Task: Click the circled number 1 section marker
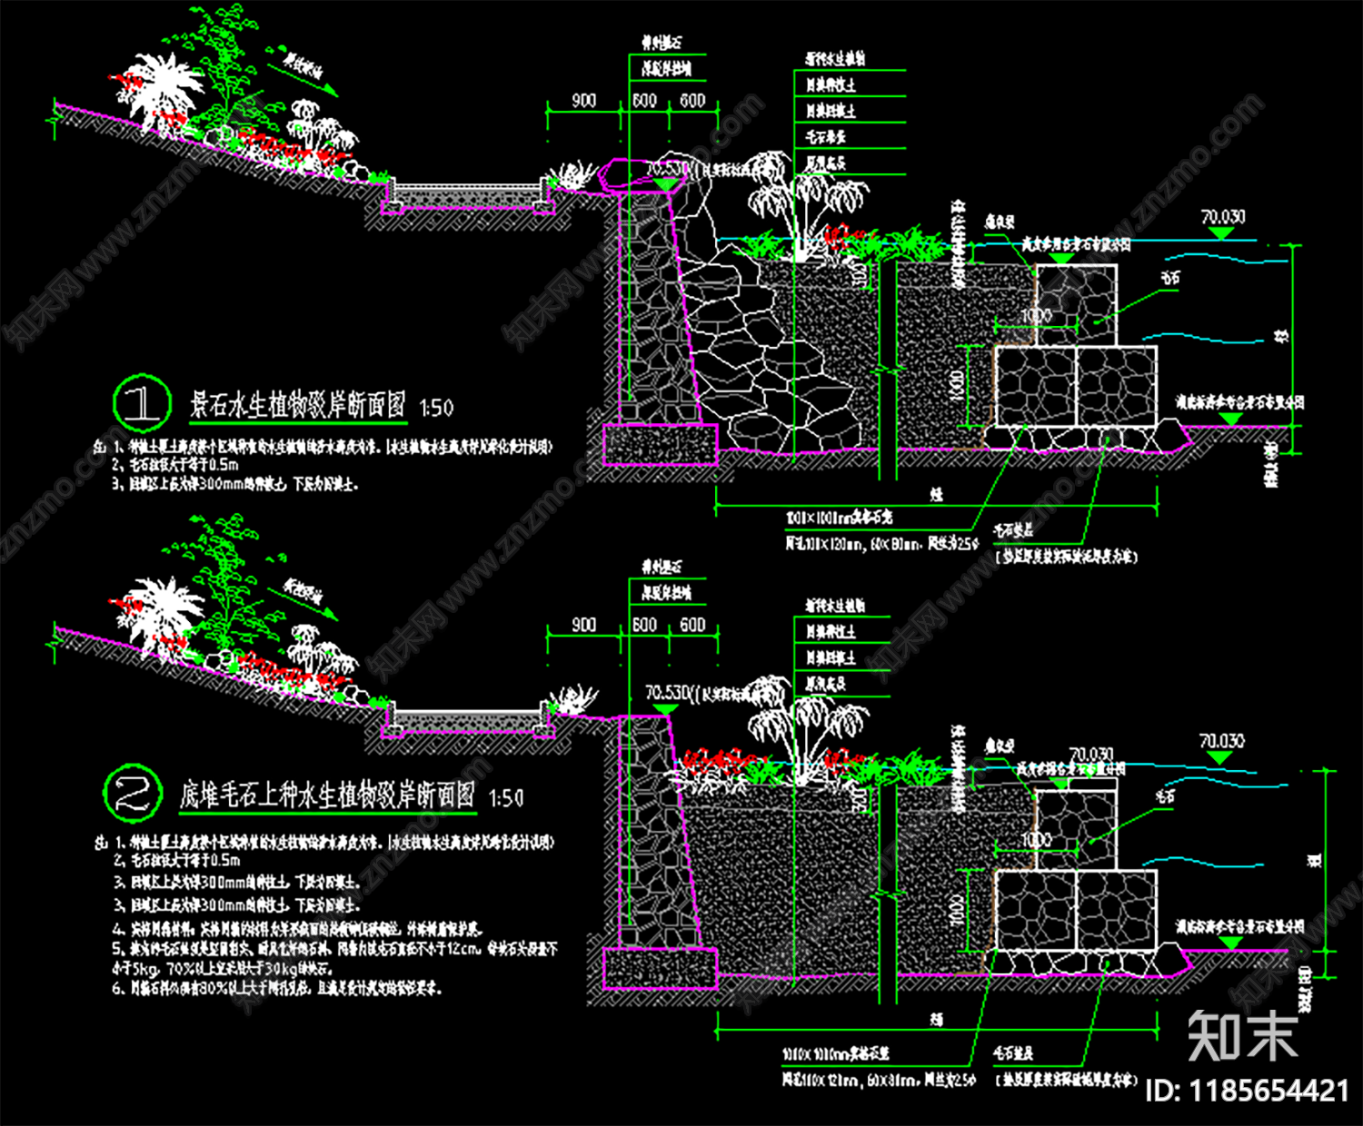pyautogui.click(x=142, y=403)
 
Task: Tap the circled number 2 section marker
pyautogui.click(x=133, y=793)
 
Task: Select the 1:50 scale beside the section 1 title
pyautogui.click(x=436, y=408)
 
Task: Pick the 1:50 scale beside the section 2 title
pyautogui.click(x=506, y=798)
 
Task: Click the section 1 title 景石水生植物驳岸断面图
pyautogui.click(x=298, y=405)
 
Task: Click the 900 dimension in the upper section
pyautogui.click(x=583, y=100)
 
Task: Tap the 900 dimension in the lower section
pyautogui.click(x=583, y=625)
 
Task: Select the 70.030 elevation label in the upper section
pyautogui.click(x=1223, y=216)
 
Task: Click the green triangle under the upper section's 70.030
pyautogui.click(x=1220, y=233)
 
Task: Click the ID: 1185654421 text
pyautogui.click(x=1247, y=1090)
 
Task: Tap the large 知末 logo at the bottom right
pyautogui.click(x=1242, y=1036)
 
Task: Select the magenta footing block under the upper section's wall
pyautogui.click(x=661, y=444)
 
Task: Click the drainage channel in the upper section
pyautogui.click(x=468, y=194)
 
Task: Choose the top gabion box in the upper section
pyautogui.click(x=1076, y=304)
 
